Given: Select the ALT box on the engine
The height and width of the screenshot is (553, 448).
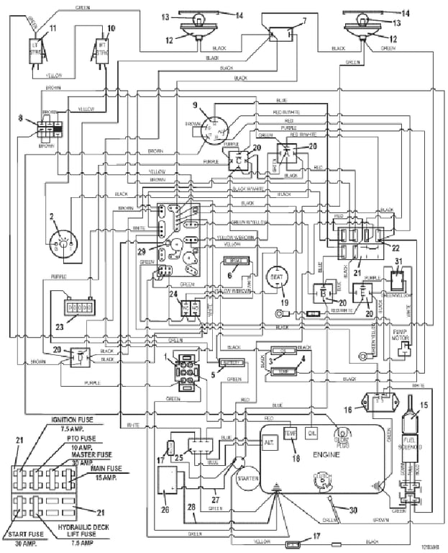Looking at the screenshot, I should [270, 441].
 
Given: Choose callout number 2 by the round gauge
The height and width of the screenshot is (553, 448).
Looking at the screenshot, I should [51, 215].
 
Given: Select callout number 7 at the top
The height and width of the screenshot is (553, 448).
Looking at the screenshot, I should [303, 19].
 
